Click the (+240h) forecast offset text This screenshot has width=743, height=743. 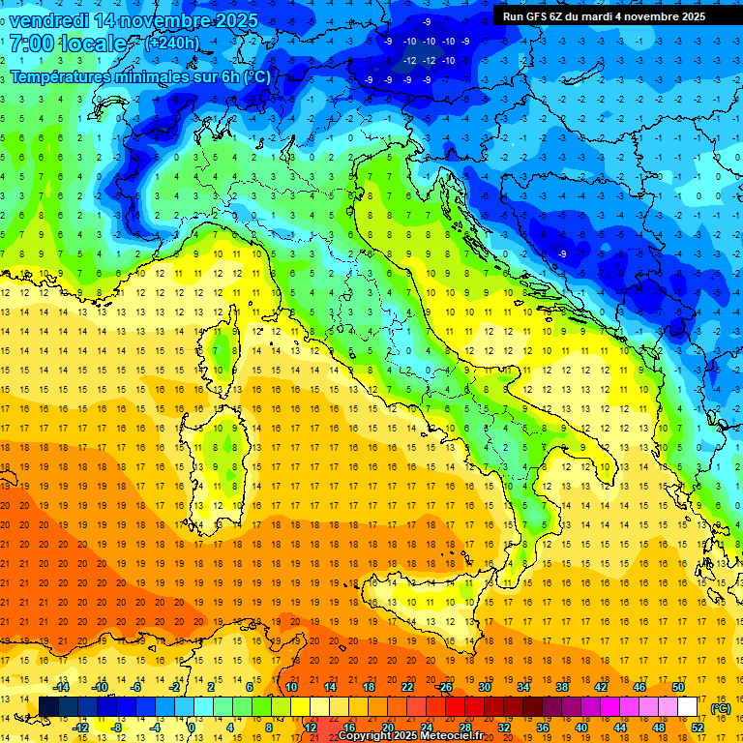point(172,44)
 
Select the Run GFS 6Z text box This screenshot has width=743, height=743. point(604,16)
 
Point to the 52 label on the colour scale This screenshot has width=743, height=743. point(698,728)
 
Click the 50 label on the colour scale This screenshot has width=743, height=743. point(678,687)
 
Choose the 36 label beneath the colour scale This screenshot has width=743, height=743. point(543,728)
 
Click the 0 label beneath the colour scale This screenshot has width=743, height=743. point(193,728)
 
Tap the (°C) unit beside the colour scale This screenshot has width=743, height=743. point(721,707)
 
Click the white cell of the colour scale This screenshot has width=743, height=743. point(688,707)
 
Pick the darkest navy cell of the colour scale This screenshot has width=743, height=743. point(48,707)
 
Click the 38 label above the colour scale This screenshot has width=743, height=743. point(562,687)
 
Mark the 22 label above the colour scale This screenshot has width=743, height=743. point(407,687)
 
